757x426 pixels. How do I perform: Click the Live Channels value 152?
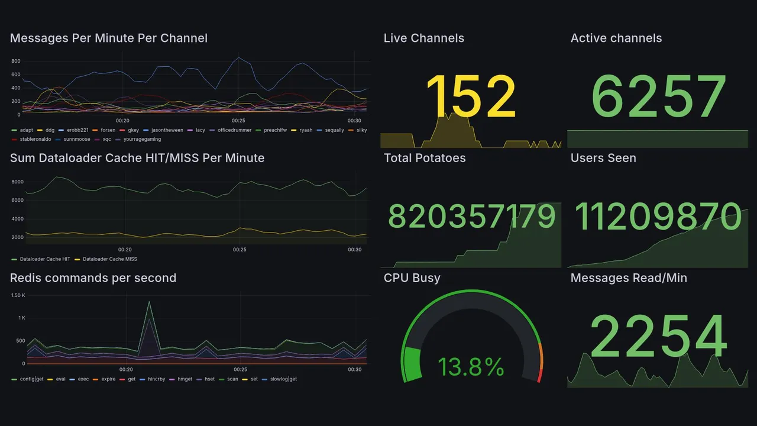(471, 96)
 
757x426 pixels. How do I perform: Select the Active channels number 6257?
(658, 96)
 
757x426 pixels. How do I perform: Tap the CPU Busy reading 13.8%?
(471, 367)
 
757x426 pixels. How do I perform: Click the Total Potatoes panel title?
(424, 158)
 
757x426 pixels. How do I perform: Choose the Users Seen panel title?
(603, 158)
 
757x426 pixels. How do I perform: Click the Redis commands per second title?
(93, 278)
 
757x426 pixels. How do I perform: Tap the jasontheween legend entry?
(167, 130)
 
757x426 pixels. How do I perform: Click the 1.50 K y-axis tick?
(18, 295)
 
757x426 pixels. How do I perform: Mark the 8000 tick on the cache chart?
(17, 182)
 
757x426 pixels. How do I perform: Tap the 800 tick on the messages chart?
(16, 61)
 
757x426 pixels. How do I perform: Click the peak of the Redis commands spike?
(149, 302)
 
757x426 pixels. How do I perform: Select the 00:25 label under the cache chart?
(240, 250)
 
